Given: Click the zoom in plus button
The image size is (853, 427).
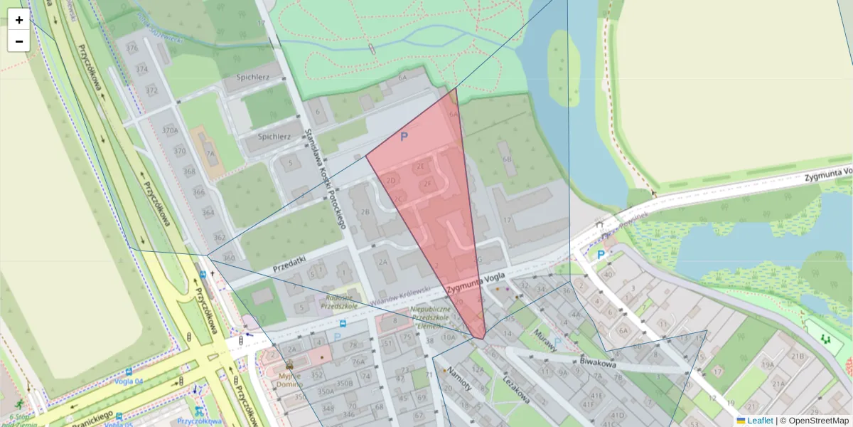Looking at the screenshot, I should coord(19,20).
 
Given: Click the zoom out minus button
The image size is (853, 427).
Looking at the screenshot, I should coord(19,41).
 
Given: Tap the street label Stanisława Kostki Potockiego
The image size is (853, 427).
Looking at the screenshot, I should coord(324,178).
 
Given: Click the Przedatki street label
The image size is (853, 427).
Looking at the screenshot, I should coord(289,265).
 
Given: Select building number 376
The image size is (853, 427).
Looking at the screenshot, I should coord(132,48).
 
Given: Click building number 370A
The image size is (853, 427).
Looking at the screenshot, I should coord(169,131).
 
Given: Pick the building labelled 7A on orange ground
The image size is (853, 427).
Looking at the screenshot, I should coord(210,152).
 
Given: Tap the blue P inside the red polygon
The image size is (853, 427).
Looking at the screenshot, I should coord(404,136).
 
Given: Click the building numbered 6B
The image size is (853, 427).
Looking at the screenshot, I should coord(506,159).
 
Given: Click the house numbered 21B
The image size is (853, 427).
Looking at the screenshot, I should coord(798,356).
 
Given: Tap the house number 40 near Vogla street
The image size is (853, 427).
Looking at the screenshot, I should coord(607,275).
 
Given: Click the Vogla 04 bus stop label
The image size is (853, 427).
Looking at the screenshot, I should coord(129,381).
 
